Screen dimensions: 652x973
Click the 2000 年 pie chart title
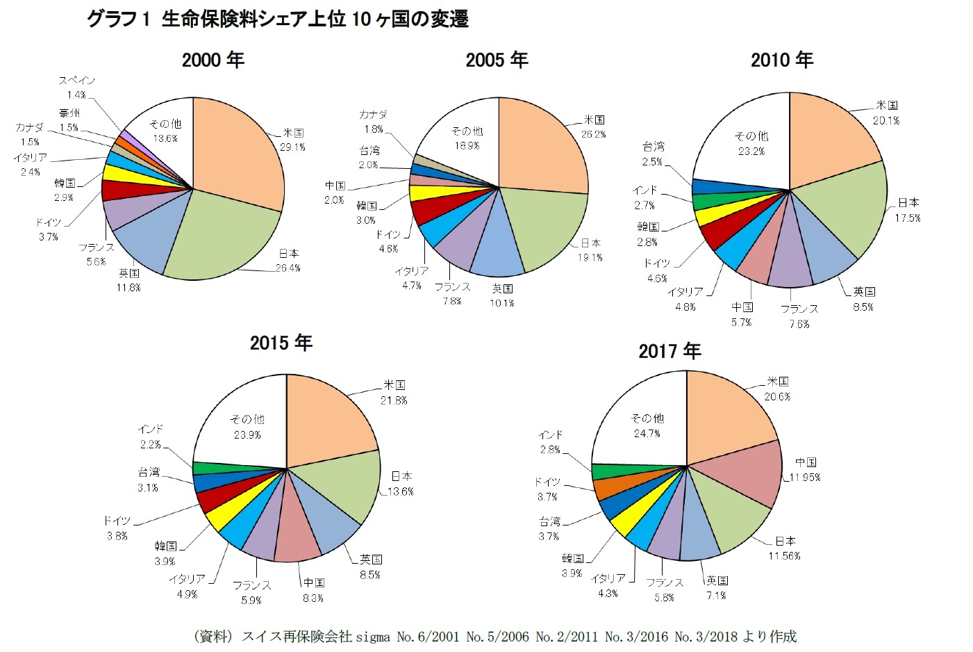tap(213, 60)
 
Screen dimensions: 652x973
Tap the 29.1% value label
tap(292, 147)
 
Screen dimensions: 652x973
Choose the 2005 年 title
tap(497, 60)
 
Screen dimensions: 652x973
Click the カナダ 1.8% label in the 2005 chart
tap(373, 122)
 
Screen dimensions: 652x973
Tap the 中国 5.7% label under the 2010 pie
tap(742, 314)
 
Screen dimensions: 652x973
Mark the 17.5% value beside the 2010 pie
tap(908, 218)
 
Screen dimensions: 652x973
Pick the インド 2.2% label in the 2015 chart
tap(150, 437)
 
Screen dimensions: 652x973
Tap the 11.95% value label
tap(805, 478)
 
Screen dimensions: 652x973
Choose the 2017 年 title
tap(670, 351)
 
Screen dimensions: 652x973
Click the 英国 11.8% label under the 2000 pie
tap(128, 280)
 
